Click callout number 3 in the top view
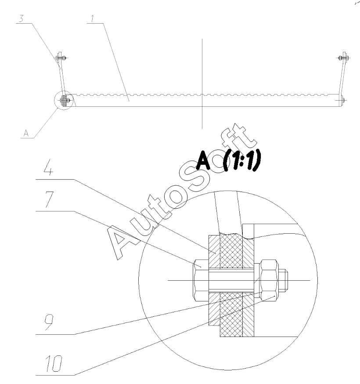[x=21, y=18]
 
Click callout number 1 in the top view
[x=92, y=18]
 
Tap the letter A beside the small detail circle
[x=26, y=133]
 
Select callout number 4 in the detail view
[x=48, y=167]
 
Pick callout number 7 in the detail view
[x=49, y=199]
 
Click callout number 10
[x=54, y=363]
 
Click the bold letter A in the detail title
[x=203, y=160]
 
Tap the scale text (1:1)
[x=242, y=161]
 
